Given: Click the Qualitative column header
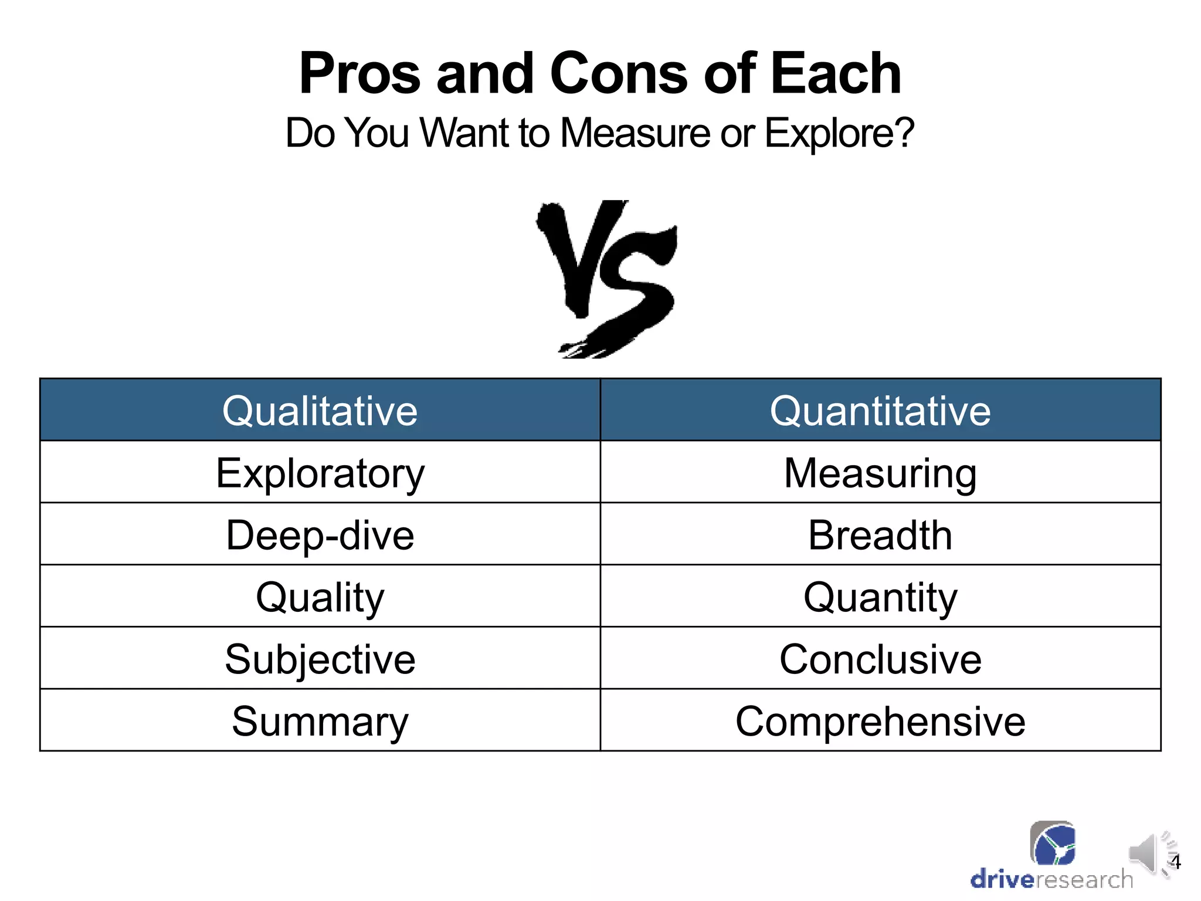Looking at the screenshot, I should [x=320, y=410].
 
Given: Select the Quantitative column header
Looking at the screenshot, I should [x=880, y=410].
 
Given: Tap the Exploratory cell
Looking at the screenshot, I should [x=320, y=472].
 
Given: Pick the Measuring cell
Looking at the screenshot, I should [x=880, y=472].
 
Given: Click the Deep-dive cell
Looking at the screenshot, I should [x=320, y=534].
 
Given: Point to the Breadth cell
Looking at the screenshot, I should [x=880, y=534].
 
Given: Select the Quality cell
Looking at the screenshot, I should [x=320, y=597].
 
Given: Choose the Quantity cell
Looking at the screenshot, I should [x=880, y=597].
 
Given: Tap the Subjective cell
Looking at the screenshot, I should [x=320, y=659].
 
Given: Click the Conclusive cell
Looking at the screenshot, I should [x=880, y=659].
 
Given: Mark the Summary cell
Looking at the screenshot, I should [x=320, y=721].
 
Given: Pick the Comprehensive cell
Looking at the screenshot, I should [x=880, y=721].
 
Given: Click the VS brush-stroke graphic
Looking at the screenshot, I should [x=607, y=279].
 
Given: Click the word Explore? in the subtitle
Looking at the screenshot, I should [x=839, y=133].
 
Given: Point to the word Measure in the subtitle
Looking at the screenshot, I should [x=636, y=133].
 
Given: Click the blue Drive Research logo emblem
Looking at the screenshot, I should [x=1053, y=844].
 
